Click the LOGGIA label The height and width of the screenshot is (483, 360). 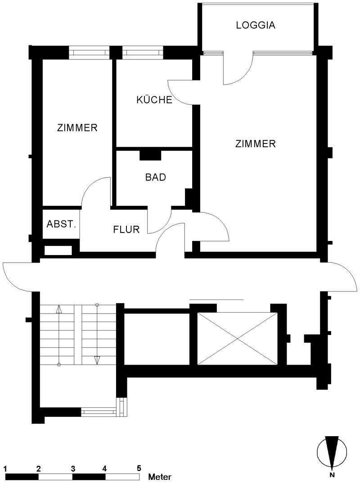point(256,25)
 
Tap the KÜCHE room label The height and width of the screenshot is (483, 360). point(154,100)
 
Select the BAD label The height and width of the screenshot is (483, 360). point(156,177)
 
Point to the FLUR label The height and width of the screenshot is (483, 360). point(126,229)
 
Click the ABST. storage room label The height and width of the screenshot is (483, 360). point(61,224)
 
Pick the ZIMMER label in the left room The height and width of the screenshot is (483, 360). point(77,128)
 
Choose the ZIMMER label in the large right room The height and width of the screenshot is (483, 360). point(256,143)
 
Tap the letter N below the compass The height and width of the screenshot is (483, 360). point(332,477)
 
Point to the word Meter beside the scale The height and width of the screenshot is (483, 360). point(160,477)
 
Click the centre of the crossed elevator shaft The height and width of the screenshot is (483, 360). point(237,338)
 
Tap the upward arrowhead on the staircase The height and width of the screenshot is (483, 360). point(59,309)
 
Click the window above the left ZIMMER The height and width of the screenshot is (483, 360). point(89,52)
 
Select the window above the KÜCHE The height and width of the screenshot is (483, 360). point(142,52)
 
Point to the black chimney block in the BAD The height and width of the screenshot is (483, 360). point(150,155)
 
